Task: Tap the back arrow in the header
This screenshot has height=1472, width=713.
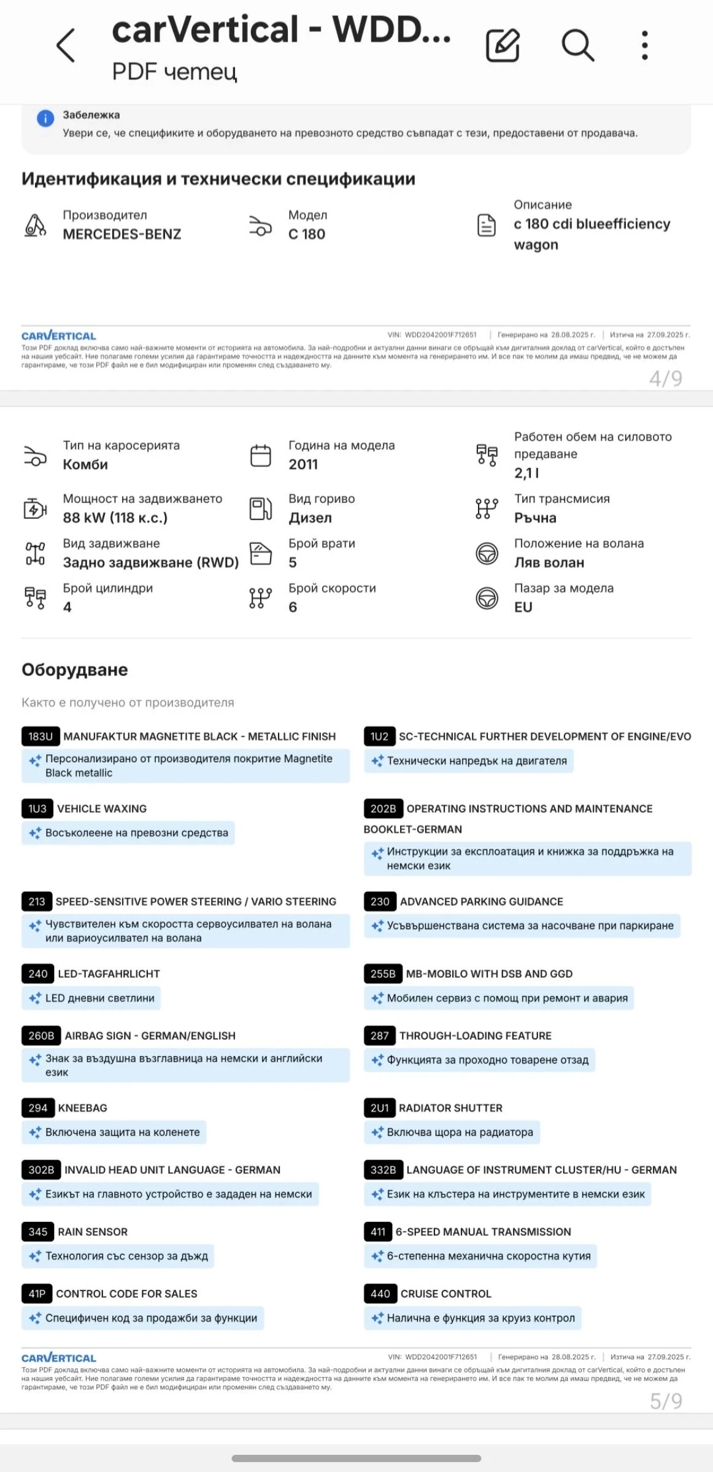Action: point(66,45)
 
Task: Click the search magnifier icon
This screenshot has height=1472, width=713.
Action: point(577,45)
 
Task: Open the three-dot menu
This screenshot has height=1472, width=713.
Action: point(644,45)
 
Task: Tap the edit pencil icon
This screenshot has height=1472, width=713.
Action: point(503,45)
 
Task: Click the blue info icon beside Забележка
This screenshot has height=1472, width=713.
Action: point(45,118)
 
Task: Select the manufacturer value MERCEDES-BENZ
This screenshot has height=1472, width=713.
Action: point(122,234)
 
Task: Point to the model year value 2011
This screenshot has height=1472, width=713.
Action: point(303,465)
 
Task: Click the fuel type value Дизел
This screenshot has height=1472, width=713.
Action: point(310,518)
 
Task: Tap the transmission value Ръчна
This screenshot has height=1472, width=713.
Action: point(535,518)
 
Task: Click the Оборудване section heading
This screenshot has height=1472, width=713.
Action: point(75,670)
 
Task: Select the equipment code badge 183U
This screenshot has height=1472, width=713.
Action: point(40,737)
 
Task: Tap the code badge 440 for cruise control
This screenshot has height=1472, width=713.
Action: point(380,1294)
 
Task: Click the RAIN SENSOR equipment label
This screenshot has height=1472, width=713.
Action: point(93,1232)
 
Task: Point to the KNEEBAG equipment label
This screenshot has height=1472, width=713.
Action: point(82,1108)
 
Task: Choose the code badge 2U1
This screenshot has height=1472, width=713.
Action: point(379,1108)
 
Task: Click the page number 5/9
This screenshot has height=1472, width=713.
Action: point(666,1401)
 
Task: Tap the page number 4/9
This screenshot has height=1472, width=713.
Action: point(666,378)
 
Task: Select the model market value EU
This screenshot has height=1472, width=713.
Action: point(523,608)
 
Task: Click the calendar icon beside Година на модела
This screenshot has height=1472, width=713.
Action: point(261,456)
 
